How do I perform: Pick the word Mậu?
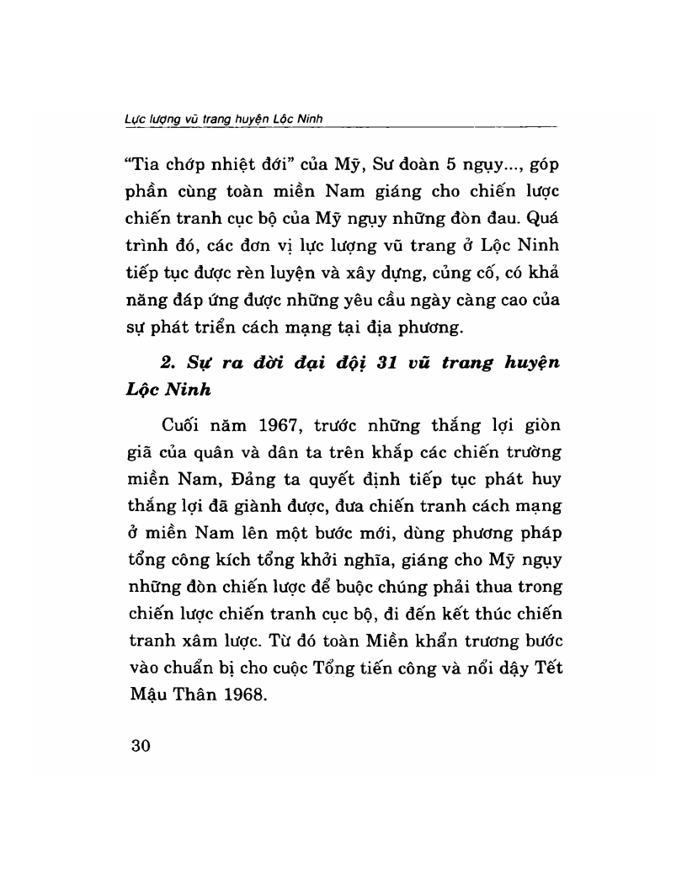point(142,698)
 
